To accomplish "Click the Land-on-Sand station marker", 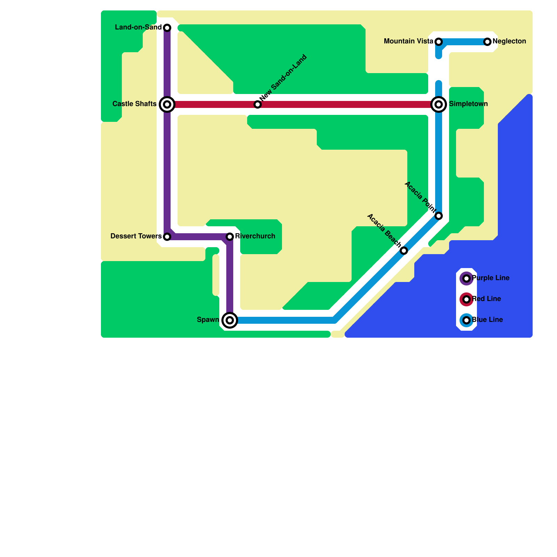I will point(167,28).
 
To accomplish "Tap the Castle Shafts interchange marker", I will point(167,104).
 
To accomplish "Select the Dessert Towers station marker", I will point(167,237).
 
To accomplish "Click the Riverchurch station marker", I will point(230,237).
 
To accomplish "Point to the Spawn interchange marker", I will point(230,320).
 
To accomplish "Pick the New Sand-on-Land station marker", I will point(258,104).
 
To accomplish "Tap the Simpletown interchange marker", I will point(439,104).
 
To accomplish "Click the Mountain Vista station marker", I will point(439,42).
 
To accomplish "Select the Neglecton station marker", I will point(487,42).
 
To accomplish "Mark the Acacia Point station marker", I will point(439,216).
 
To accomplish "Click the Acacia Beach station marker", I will point(404,251).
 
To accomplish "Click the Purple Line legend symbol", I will point(466,278).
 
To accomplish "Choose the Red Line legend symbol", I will point(466,299).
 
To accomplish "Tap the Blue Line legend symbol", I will point(466,320).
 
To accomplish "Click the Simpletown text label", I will point(468,104).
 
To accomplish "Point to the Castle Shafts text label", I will point(134,104).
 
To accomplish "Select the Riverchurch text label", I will point(255,236).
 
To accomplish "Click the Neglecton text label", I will point(509,41).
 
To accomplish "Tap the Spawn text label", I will point(208,320).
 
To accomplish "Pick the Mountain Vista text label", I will point(408,41).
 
